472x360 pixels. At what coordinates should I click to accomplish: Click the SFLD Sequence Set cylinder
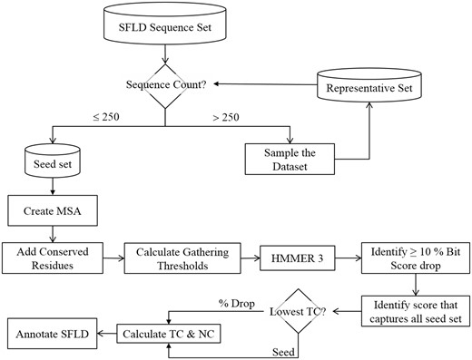coord(164,26)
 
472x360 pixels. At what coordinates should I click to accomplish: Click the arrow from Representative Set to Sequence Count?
coord(245,84)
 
